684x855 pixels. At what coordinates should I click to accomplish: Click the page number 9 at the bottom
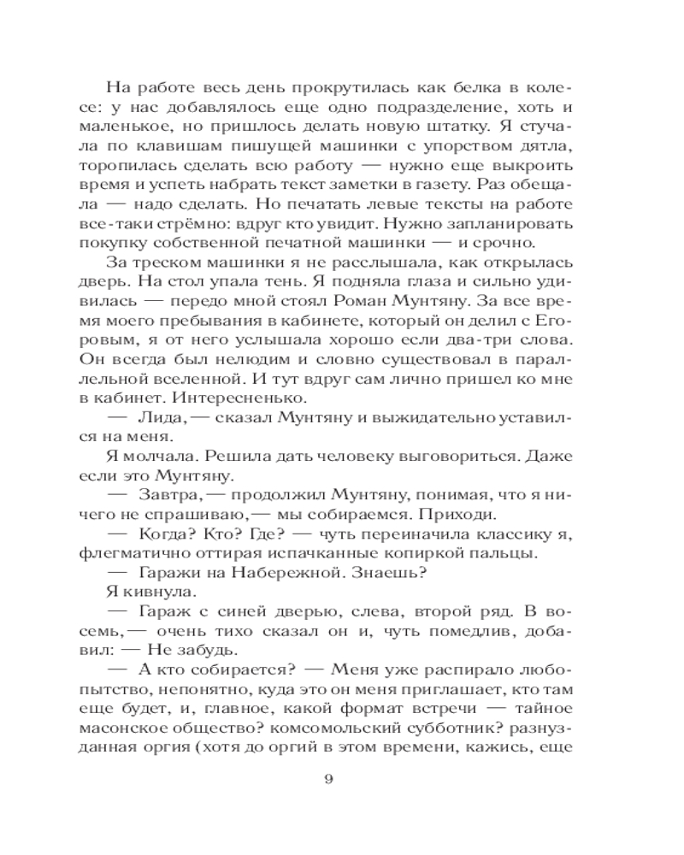[341, 779]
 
